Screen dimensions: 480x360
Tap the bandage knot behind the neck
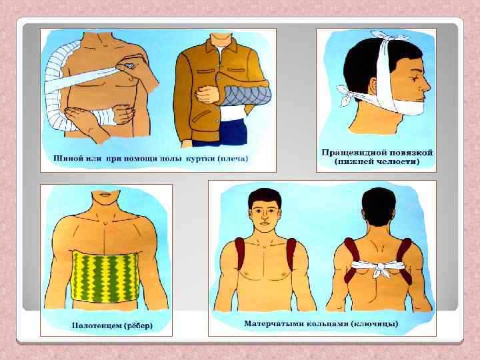(347, 94)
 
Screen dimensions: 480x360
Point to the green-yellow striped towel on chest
(105, 277)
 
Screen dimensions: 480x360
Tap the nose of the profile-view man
(427, 87)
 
